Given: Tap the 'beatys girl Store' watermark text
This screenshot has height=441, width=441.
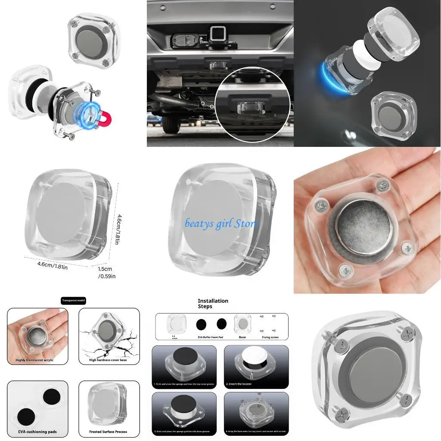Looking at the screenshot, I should click(x=221, y=224).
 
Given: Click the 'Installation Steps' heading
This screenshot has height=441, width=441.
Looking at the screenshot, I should click(x=213, y=304).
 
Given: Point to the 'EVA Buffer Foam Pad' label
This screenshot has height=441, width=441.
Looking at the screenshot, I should click(x=211, y=337).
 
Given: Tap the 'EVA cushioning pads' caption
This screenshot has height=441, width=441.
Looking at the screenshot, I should click(x=37, y=432).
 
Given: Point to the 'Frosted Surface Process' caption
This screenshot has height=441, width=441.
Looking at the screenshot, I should click(x=109, y=432).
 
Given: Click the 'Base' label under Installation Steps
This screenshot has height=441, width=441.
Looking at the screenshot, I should click(x=242, y=337).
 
